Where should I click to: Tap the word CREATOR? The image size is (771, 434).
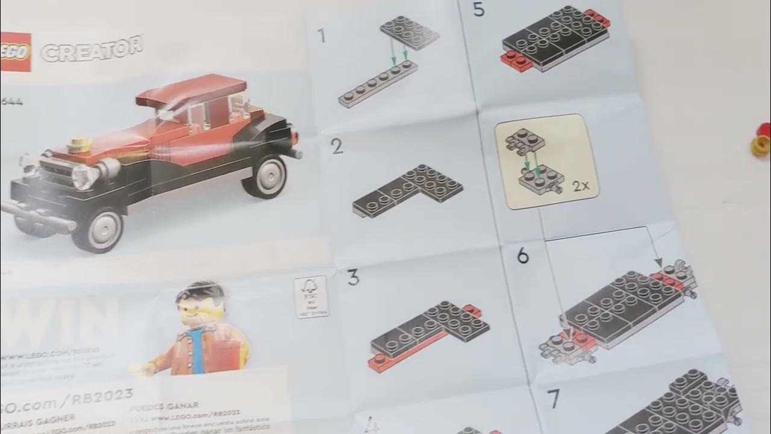click(x=92, y=48)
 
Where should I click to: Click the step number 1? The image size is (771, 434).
click(x=322, y=36)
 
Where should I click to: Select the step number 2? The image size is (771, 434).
click(x=337, y=146)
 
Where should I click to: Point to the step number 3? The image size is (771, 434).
click(x=353, y=278)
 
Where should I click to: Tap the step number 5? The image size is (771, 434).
click(x=479, y=10)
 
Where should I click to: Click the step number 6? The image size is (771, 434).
click(x=523, y=256)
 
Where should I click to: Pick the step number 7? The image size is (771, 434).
click(x=554, y=398)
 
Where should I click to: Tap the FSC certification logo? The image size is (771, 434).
click(x=311, y=297)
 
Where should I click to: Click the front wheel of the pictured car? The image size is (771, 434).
click(x=96, y=229)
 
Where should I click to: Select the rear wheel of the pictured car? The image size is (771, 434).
click(x=265, y=175)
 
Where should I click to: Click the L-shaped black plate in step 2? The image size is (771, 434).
click(x=410, y=190)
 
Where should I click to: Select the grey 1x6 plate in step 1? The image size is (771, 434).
click(x=378, y=84)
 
